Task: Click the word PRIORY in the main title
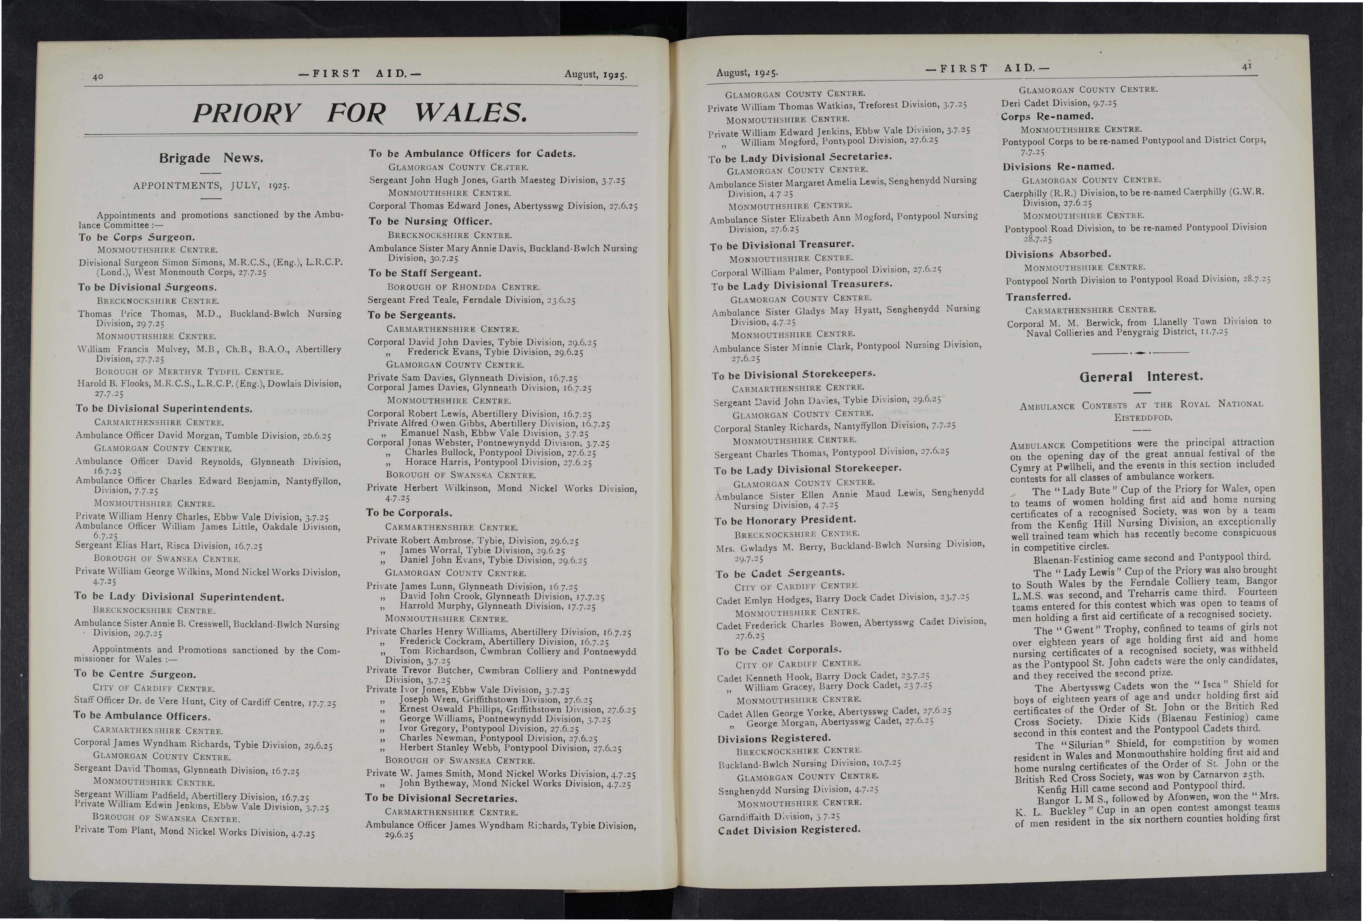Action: tap(247, 113)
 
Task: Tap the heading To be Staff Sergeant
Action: tap(425, 273)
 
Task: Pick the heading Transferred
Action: tap(1038, 297)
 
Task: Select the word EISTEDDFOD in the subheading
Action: tap(1143, 418)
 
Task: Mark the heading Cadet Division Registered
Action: tap(789, 830)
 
